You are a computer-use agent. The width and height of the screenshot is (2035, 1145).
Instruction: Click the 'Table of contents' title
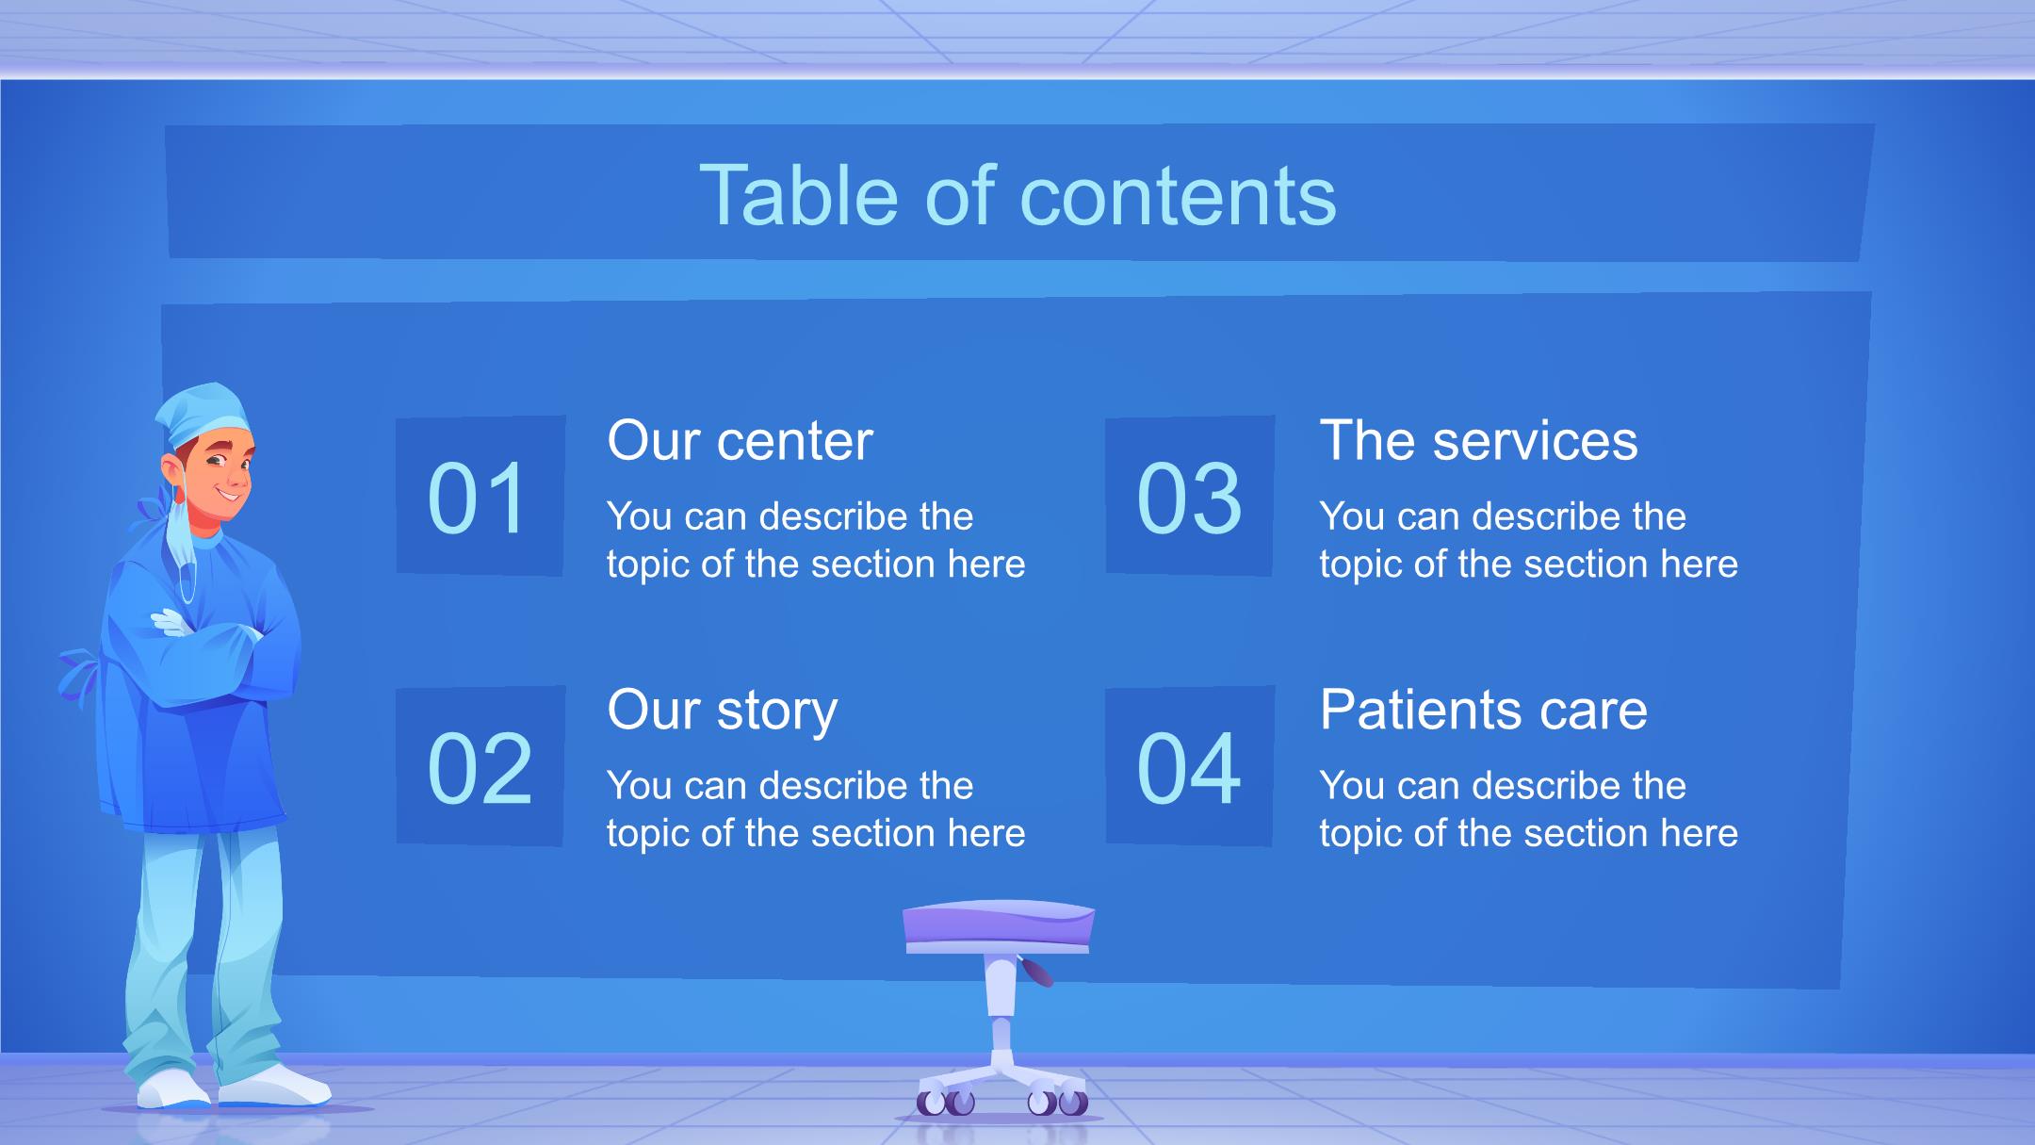(1017, 195)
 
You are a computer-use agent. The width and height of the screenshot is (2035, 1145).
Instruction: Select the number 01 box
(480, 496)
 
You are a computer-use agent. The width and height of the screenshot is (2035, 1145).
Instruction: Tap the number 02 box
(480, 765)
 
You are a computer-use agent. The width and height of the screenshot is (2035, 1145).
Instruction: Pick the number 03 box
(1190, 496)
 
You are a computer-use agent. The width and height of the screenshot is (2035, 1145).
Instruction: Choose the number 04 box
(1190, 765)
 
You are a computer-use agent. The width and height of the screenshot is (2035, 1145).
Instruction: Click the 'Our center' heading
(740, 440)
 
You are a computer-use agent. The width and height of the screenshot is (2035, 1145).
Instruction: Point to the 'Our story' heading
(723, 711)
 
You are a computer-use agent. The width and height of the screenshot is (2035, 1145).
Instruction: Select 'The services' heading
(1478, 440)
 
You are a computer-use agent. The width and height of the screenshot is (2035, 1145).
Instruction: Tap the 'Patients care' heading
(1483, 710)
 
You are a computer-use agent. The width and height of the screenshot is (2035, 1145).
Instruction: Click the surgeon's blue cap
(203, 415)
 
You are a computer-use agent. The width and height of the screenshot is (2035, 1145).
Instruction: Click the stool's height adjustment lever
(1035, 971)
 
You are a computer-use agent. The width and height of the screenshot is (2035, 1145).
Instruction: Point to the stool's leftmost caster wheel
(931, 1102)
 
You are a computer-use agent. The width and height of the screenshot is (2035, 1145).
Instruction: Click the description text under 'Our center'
(816, 540)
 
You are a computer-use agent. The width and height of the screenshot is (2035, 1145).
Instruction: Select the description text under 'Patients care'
(1528, 809)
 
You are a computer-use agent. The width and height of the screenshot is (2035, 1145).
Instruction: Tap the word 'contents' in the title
(1179, 196)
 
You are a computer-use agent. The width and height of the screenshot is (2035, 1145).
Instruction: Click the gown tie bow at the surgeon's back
(80, 674)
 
